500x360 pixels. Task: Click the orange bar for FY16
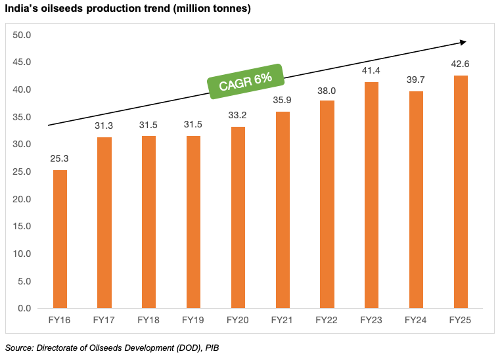60,239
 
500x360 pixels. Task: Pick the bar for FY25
461,192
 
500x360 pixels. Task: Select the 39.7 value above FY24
416,80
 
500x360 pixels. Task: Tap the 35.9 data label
283,101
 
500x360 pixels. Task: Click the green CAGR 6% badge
245,81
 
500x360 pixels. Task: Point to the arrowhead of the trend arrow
463,42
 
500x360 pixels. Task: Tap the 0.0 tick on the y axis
26,308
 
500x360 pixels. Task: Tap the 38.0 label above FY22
327,89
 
